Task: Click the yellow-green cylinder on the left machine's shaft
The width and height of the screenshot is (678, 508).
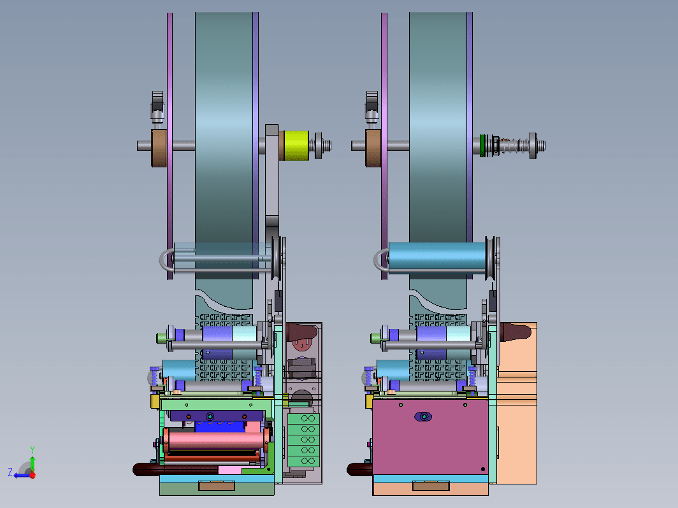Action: [x=296, y=146]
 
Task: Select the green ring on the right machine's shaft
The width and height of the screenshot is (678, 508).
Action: [x=482, y=146]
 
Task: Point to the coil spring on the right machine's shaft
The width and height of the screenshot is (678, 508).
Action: [x=514, y=146]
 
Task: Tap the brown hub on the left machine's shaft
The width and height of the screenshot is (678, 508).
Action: [x=159, y=148]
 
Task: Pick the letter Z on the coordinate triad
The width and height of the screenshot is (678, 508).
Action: [x=10, y=472]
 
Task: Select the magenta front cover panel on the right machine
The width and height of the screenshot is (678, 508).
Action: [x=430, y=437]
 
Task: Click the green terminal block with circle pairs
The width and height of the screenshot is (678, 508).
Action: [x=303, y=440]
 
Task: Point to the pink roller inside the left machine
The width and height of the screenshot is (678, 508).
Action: [x=215, y=440]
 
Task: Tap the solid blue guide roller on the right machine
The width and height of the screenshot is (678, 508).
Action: [x=436, y=258]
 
